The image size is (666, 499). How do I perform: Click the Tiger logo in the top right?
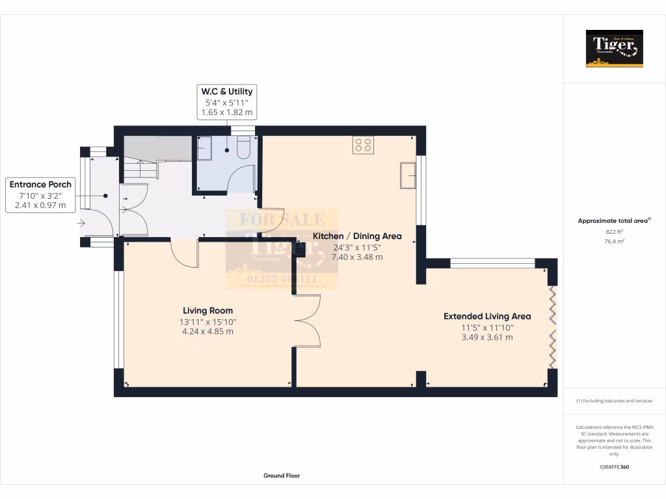[x=614, y=48]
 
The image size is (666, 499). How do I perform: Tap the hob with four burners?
[x=364, y=145]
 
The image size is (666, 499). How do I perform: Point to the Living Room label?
[x=207, y=311]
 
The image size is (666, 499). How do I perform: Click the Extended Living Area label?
[x=487, y=316]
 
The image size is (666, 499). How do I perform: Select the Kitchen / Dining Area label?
[x=357, y=236]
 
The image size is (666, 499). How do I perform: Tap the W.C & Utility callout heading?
[x=227, y=92]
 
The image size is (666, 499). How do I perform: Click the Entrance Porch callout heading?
[x=40, y=185]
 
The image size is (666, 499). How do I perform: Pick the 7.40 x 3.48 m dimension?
[x=357, y=257]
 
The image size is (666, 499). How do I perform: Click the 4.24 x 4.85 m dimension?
[x=207, y=331]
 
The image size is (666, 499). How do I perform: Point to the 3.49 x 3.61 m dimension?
[x=487, y=337]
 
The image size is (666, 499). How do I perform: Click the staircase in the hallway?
[x=142, y=166]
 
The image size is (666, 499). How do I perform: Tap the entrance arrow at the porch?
[x=81, y=223]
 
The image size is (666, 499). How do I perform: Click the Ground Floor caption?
[x=282, y=476]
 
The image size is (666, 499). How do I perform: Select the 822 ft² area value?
[x=614, y=231]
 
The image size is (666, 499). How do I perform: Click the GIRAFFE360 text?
[x=614, y=467]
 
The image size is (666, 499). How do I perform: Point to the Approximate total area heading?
[x=614, y=221]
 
